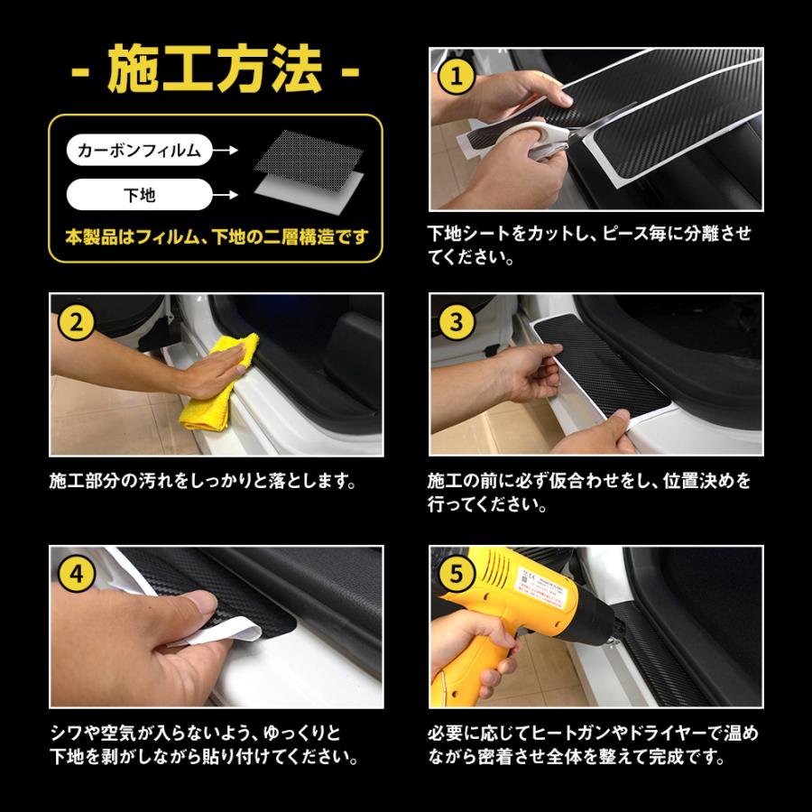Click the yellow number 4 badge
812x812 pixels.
(76, 573)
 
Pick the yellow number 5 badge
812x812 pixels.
(456, 573)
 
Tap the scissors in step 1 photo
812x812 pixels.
(550, 144)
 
